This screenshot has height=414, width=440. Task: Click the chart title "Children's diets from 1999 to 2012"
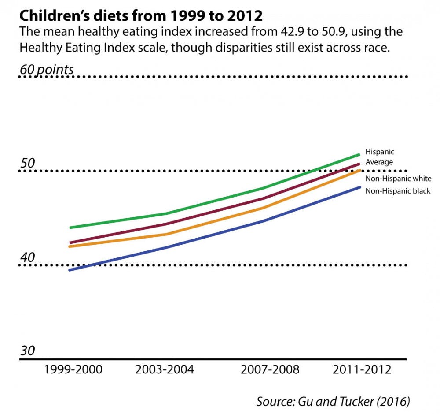point(141,16)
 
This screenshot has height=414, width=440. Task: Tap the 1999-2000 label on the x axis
point(73,369)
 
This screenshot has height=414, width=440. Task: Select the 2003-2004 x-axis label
point(165,369)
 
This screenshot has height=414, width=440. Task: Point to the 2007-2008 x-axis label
point(270,369)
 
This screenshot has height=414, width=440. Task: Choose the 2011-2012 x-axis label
point(362,369)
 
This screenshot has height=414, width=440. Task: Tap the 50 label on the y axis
point(27,163)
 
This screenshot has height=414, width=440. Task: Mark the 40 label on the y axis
point(27,257)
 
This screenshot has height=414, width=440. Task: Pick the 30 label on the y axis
point(27,351)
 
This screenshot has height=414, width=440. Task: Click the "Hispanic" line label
point(380,152)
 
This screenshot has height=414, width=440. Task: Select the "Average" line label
point(379,162)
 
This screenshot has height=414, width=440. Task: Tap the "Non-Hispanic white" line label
point(398,179)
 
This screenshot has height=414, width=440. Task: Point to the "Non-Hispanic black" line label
point(398,191)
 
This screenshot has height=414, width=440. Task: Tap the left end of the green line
point(70,228)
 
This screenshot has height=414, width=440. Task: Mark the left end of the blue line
point(70,270)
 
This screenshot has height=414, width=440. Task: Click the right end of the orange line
point(359,170)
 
